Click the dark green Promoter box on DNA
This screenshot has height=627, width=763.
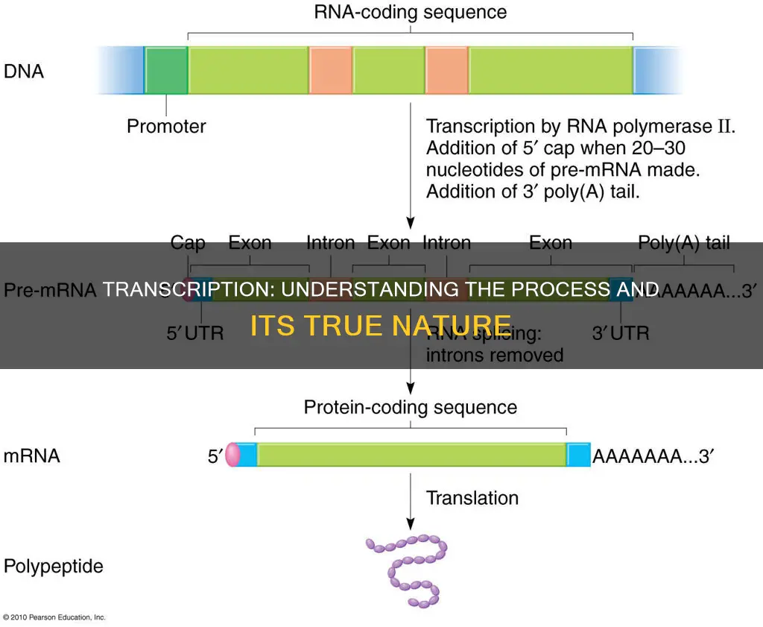(x=166, y=70)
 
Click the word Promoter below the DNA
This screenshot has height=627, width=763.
(x=166, y=126)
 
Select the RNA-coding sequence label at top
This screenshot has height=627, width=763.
(x=411, y=12)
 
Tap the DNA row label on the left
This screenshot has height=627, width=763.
(x=24, y=72)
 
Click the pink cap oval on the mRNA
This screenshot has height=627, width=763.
(x=232, y=455)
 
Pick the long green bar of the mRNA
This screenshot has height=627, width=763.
(x=411, y=455)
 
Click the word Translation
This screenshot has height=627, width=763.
(x=472, y=497)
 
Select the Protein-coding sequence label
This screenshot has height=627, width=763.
(x=410, y=407)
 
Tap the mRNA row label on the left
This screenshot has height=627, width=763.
(x=31, y=456)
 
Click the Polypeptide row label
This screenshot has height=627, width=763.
(x=54, y=567)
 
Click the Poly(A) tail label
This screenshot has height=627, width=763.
(x=684, y=242)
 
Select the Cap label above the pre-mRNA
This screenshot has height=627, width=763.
(x=188, y=242)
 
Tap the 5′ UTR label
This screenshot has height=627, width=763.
(x=194, y=333)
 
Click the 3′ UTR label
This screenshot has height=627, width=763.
(x=621, y=333)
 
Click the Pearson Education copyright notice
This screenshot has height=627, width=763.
(x=54, y=617)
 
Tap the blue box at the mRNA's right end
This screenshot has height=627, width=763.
(x=578, y=455)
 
